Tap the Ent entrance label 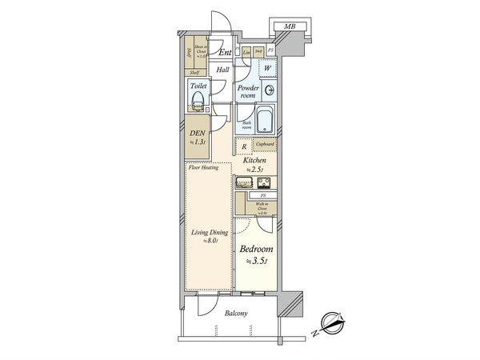pos(226,53)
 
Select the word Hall pos(223,70)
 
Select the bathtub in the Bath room pos(267,121)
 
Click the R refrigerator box pos(243,146)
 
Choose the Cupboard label pos(265,144)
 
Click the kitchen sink pos(243,183)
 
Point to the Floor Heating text pos(203,169)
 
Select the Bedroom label pos(258,249)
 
